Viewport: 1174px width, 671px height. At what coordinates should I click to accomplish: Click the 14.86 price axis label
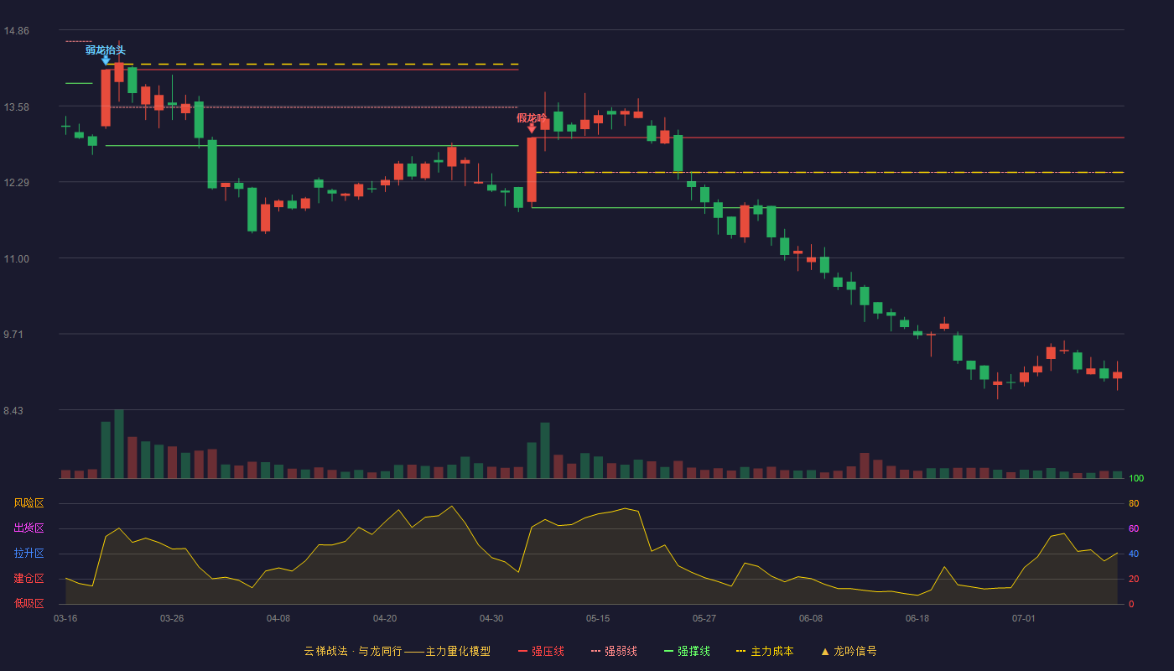[x=16, y=31]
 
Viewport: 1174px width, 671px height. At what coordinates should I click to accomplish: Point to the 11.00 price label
[x=16, y=259]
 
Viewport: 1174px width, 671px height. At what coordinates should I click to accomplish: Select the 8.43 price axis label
[x=13, y=410]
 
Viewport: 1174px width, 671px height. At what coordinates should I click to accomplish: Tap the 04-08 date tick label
[x=278, y=619]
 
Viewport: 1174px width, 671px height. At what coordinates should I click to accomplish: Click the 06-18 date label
[x=917, y=619]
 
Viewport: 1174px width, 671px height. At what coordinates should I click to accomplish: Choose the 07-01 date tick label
[x=1024, y=619]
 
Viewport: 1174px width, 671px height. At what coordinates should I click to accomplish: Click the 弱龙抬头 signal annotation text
[x=106, y=50]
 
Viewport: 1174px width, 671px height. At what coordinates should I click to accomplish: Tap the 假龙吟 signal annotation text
[x=532, y=118]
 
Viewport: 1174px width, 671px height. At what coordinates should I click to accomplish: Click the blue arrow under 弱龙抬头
[x=106, y=60]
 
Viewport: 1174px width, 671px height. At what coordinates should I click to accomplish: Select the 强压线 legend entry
[x=541, y=651]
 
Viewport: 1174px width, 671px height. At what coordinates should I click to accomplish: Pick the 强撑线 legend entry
[x=687, y=651]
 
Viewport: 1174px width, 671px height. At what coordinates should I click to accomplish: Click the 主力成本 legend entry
[x=765, y=651]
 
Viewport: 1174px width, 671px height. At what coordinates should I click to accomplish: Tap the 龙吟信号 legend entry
[x=849, y=651]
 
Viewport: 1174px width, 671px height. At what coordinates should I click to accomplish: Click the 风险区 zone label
[x=29, y=503]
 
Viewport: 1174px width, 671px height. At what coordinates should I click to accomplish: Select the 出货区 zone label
[x=29, y=528]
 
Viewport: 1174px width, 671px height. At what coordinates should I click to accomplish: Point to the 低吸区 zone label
[x=29, y=603]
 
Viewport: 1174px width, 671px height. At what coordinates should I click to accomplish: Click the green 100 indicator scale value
[x=1136, y=478]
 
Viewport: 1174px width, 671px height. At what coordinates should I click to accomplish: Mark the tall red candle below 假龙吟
[x=532, y=169]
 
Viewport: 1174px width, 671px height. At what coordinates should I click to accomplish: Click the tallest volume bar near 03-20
[x=119, y=444]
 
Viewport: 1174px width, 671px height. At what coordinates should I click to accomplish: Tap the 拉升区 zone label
[x=29, y=553]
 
